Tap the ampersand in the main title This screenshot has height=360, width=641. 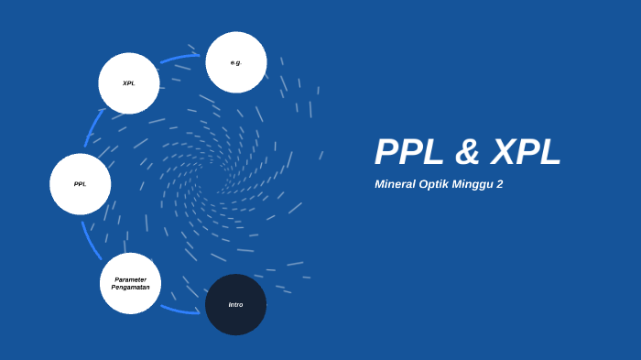(x=467, y=152)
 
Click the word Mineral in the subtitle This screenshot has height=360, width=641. (x=396, y=184)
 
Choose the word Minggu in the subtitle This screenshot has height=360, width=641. (x=473, y=184)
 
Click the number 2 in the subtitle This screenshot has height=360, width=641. (x=500, y=184)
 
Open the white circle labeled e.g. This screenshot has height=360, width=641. (x=236, y=62)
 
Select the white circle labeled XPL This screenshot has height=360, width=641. (x=129, y=83)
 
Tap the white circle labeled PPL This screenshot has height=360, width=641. (x=81, y=184)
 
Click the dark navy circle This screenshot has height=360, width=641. (x=235, y=304)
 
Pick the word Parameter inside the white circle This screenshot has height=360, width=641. (x=130, y=279)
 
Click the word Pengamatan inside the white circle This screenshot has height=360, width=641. (x=130, y=288)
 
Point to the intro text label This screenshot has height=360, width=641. (x=235, y=304)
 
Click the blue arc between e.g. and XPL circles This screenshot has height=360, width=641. (x=179, y=59)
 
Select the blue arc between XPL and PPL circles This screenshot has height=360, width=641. (x=93, y=128)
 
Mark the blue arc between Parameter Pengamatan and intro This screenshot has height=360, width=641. (x=179, y=311)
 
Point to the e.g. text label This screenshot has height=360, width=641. (x=236, y=62)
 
